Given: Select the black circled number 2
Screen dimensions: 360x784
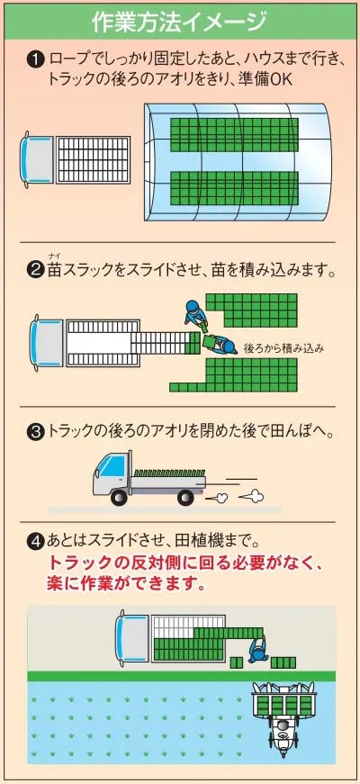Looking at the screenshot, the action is (x=35, y=272).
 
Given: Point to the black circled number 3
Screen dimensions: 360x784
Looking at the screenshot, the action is (x=35, y=432).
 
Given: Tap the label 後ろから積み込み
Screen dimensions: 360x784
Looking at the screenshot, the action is (x=284, y=348).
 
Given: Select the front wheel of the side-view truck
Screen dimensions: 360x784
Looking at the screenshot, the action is (x=119, y=497).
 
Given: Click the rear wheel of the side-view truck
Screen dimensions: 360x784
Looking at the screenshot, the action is (x=186, y=497).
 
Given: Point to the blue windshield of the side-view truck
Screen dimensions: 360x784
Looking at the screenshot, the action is (x=110, y=467).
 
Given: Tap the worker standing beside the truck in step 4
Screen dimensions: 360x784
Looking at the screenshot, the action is (x=257, y=649).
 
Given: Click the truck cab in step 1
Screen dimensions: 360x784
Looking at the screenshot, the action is (x=37, y=160).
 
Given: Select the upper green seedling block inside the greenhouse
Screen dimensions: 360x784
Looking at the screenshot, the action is (x=234, y=135).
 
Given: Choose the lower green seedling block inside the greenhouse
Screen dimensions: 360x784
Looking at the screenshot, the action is (x=234, y=188).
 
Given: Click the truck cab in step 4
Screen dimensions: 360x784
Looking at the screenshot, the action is (x=132, y=638).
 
